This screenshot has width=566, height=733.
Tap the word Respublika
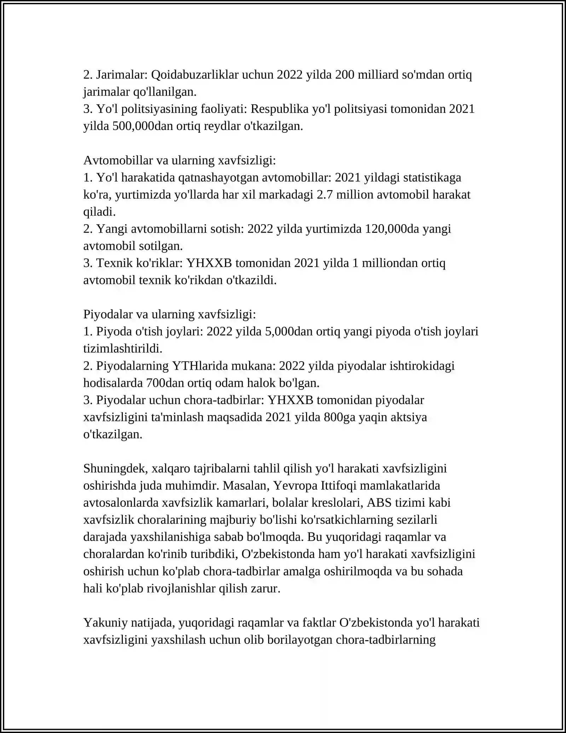click(x=279, y=109)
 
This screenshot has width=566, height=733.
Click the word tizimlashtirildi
click(x=123, y=349)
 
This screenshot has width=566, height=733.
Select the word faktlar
click(x=319, y=623)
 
